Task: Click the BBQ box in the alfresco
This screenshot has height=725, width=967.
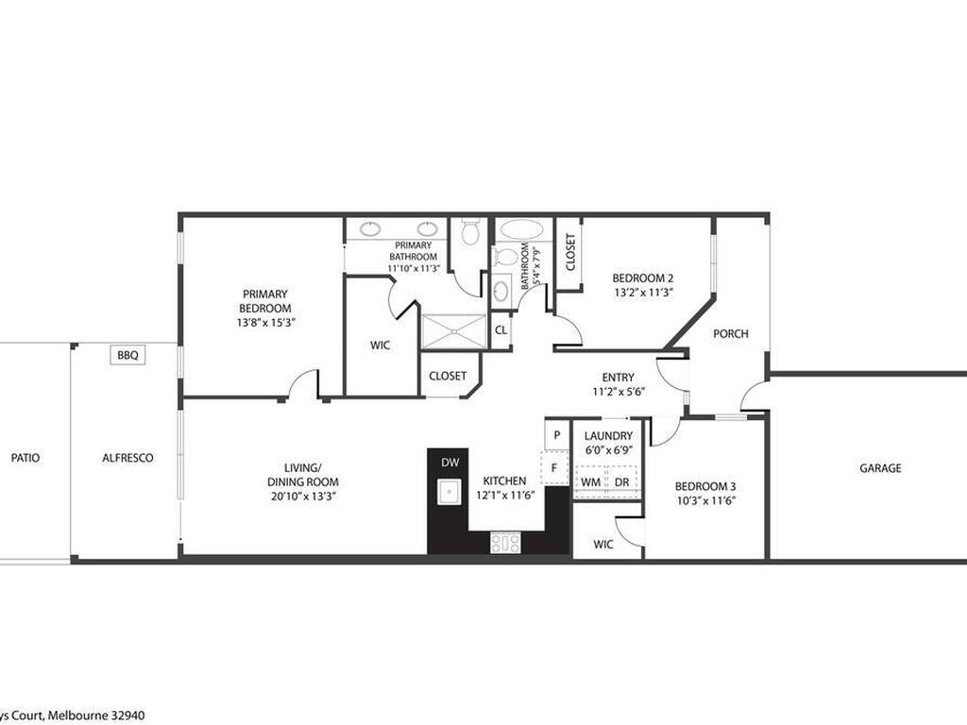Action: pyautogui.click(x=127, y=355)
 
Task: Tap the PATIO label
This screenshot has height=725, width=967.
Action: pyautogui.click(x=25, y=458)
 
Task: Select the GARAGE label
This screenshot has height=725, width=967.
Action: pyautogui.click(x=879, y=468)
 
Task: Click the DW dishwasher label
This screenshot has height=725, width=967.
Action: pyautogui.click(x=449, y=463)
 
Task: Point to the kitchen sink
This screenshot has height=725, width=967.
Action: pyautogui.click(x=448, y=491)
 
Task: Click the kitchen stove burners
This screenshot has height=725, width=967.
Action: pyautogui.click(x=505, y=542)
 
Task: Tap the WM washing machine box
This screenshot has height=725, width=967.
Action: pyautogui.click(x=590, y=481)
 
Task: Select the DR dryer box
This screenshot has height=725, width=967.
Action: pyautogui.click(x=621, y=481)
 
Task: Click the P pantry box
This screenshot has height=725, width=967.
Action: pyautogui.click(x=557, y=435)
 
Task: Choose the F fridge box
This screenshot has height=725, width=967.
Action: pyautogui.click(x=555, y=467)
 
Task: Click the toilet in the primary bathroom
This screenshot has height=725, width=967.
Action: pyautogui.click(x=470, y=231)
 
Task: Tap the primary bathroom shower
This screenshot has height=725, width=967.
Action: pyautogui.click(x=453, y=331)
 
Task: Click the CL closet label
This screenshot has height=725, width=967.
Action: pyautogui.click(x=501, y=330)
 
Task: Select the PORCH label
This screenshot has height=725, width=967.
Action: pyautogui.click(x=730, y=333)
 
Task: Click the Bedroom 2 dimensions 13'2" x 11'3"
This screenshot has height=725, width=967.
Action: pyautogui.click(x=642, y=293)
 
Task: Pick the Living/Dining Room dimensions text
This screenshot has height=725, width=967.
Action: pyautogui.click(x=303, y=495)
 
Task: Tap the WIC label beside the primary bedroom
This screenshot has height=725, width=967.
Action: pyautogui.click(x=381, y=346)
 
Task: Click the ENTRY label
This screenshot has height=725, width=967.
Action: pyautogui.click(x=619, y=378)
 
